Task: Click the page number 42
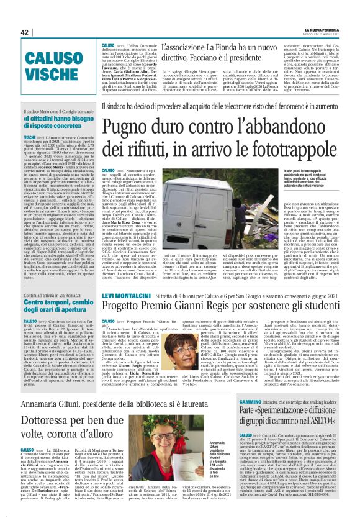pyautogui.click(x=25, y=32)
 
